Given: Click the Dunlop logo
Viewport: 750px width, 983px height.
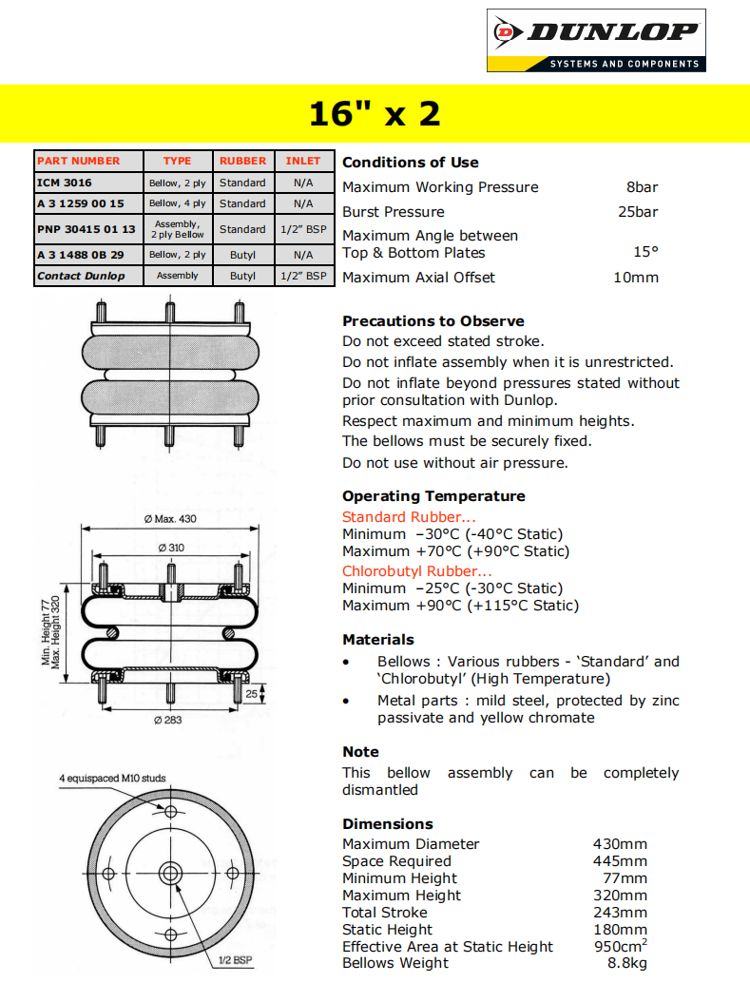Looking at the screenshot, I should click(596, 40).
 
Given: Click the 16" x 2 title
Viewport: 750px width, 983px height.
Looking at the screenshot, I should click(375, 114).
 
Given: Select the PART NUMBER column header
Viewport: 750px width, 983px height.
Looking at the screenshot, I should click(79, 161).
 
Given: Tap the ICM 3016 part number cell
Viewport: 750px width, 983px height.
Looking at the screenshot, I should click(65, 182).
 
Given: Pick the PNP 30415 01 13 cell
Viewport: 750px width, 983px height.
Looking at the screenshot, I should click(87, 229).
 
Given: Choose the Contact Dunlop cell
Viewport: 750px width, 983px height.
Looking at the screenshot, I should click(81, 276).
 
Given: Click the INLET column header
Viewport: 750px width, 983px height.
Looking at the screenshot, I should click(303, 161).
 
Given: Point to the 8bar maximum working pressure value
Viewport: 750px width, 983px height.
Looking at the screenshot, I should click(642, 187).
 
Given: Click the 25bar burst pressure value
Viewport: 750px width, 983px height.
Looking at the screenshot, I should click(638, 212).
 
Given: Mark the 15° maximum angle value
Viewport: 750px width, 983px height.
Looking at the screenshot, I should click(645, 253).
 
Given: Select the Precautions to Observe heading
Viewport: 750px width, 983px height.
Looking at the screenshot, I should click(433, 321).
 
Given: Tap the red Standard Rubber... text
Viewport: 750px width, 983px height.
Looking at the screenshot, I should click(409, 517).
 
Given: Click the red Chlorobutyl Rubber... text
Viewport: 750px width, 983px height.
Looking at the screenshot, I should click(417, 571).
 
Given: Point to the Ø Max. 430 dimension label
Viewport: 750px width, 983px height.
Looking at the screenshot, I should click(170, 518).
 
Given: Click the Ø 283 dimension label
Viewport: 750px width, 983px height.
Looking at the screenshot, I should click(168, 720).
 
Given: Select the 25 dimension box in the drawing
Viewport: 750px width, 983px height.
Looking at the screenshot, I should click(250, 695).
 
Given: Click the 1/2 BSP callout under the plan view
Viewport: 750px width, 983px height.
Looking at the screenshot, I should click(236, 959).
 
